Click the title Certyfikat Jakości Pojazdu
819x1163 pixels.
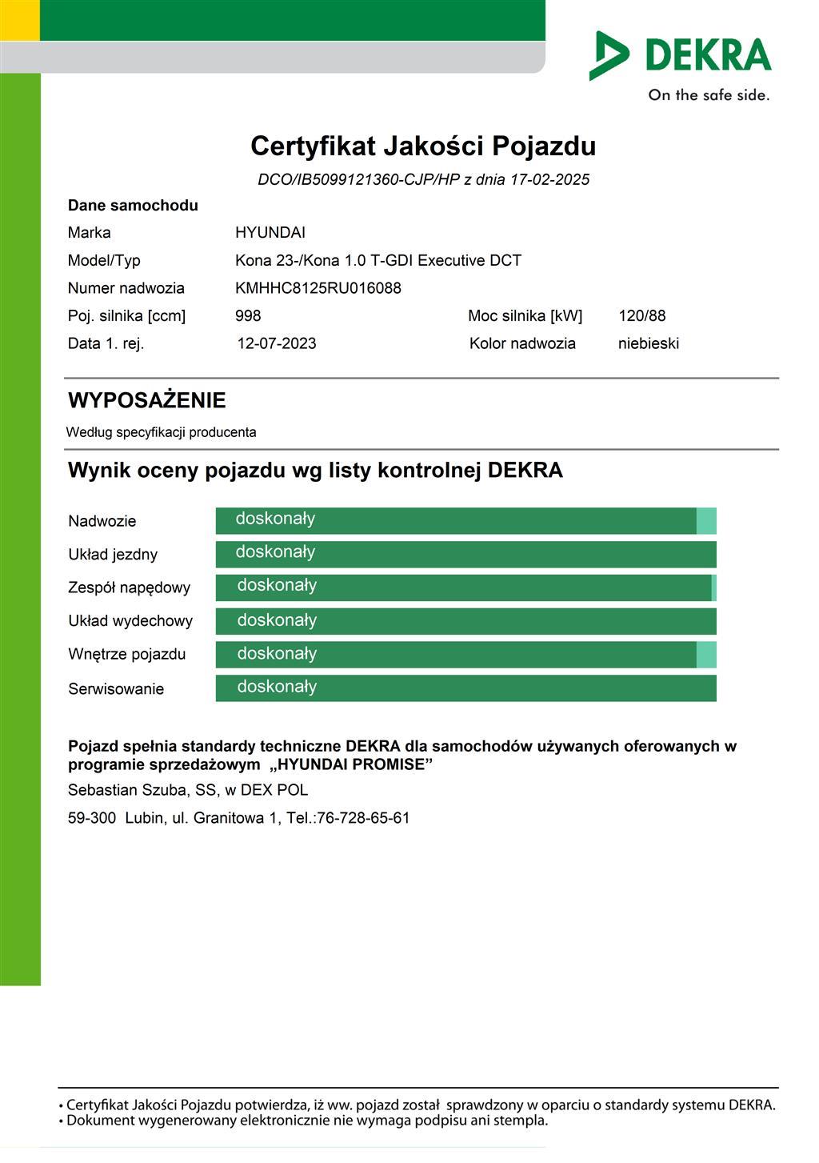(x=423, y=146)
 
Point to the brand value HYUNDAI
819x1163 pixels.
(x=270, y=233)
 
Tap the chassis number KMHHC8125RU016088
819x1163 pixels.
(x=318, y=288)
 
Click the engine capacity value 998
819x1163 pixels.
(x=248, y=316)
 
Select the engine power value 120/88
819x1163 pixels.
(x=641, y=316)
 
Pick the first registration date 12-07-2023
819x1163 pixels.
(x=277, y=344)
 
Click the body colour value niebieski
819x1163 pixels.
(x=649, y=344)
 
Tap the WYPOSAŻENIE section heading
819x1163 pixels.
(x=147, y=400)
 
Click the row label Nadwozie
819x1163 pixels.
(x=102, y=522)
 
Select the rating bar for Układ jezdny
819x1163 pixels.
(x=465, y=555)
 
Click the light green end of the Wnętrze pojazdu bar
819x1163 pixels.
(x=706, y=655)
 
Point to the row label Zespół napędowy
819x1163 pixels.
(x=129, y=588)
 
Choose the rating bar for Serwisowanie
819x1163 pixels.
(x=465, y=688)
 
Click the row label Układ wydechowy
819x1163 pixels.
(x=130, y=621)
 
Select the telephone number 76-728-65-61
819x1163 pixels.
(x=363, y=818)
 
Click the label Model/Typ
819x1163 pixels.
(x=104, y=261)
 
